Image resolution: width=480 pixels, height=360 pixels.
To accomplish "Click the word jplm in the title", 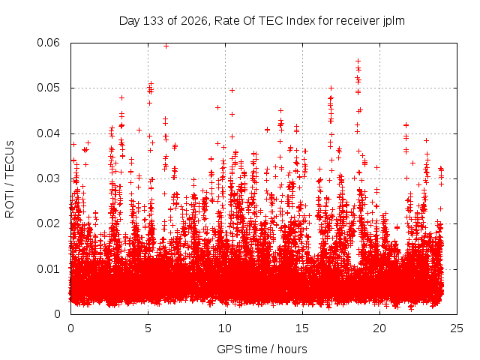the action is pos(394,21).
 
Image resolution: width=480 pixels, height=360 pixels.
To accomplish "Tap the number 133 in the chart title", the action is pos(153,21).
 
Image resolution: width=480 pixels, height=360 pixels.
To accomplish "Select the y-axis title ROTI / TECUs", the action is pos(10,179).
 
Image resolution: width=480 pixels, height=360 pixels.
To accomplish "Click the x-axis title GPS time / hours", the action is pos(262,349).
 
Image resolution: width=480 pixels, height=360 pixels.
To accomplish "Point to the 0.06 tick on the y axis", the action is pos(48,43).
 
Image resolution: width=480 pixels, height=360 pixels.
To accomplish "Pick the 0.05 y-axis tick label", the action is pos(48,88).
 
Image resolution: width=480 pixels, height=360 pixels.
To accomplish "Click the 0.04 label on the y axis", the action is pos(48,133).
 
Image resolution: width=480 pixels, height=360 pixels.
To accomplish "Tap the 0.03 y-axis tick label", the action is pos(48,178).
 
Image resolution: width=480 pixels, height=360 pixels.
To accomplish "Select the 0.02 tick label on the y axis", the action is pos(48,223).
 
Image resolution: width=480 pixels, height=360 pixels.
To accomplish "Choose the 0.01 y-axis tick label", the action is pos(48,269).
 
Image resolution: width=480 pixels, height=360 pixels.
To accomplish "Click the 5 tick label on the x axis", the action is pos(148,328).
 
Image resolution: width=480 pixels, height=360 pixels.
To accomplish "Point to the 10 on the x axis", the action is pos(225,328).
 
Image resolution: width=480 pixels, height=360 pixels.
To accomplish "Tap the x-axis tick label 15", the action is pos(302,328).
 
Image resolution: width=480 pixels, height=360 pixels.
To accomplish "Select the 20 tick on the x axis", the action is pos(379,328).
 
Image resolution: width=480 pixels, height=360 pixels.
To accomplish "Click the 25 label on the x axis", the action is pos(457,328).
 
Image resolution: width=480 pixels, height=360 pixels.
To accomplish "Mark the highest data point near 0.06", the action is pos(166,46).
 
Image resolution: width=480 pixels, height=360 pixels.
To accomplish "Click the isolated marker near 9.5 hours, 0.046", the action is pos(218,107).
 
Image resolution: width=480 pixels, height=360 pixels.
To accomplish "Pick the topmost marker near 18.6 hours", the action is pos(358,61).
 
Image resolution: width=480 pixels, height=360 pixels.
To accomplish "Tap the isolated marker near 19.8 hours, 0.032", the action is pos(377,167).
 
